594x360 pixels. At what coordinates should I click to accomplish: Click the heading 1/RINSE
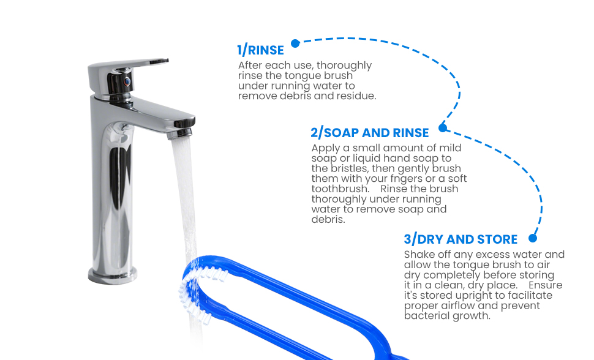tap(260, 50)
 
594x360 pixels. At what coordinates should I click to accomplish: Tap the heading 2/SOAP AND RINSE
tap(370, 133)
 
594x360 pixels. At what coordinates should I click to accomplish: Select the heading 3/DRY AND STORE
tap(461, 239)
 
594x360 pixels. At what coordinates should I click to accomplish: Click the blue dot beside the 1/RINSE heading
tap(296, 43)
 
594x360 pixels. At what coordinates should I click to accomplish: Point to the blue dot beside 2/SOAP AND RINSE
tap(443, 128)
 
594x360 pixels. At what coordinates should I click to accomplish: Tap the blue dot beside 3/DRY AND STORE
tap(533, 238)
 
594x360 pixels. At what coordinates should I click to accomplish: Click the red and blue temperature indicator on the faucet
tap(127, 81)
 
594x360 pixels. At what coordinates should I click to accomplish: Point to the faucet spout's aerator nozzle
tap(179, 133)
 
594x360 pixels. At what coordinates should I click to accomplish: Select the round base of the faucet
tap(113, 276)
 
